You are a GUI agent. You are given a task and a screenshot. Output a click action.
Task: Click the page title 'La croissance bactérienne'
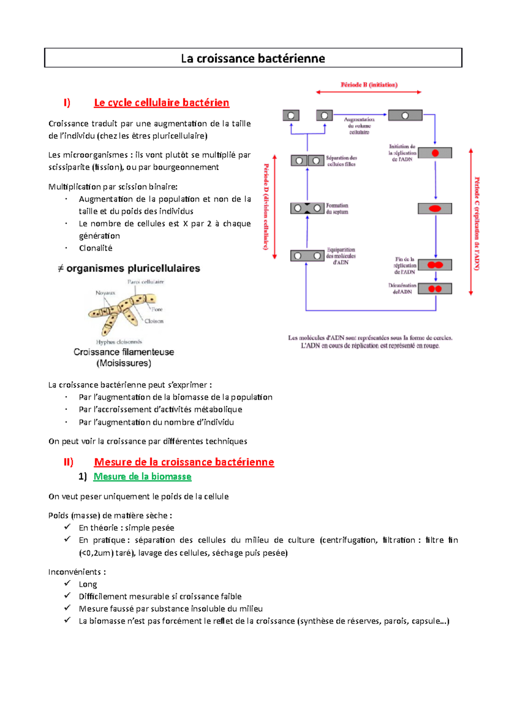coord(253,58)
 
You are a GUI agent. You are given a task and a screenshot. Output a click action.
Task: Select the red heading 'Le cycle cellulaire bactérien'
coord(161,103)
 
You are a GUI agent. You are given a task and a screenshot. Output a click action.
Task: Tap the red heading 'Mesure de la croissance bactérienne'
coord(184,462)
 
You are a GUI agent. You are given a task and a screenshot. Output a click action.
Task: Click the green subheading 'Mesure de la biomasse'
coord(142,476)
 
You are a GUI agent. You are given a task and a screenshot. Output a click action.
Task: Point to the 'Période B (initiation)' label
coord(369,85)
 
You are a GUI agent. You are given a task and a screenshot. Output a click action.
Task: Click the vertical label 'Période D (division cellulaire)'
coord(266,206)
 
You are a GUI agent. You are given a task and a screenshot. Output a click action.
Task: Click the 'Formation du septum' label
coord(337,209)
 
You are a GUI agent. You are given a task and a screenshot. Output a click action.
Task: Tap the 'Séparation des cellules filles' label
coord(341,161)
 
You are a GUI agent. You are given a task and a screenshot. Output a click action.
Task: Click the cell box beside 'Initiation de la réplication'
coord(435,153)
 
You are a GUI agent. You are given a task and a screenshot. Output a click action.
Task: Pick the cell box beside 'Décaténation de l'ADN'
coord(435,289)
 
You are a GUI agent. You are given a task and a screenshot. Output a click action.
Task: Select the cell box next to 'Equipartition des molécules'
coord(307,256)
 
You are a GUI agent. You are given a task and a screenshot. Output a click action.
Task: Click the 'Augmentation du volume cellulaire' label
coord(359,126)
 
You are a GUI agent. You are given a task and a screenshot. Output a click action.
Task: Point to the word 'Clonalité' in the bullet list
coord(96,248)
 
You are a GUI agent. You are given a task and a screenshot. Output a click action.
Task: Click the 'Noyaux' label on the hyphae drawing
coord(105,293)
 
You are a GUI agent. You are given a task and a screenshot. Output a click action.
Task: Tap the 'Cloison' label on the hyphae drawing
coord(154,321)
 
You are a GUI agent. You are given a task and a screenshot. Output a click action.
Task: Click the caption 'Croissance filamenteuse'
coord(124,352)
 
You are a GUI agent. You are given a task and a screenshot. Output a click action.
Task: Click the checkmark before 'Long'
coord(67,583)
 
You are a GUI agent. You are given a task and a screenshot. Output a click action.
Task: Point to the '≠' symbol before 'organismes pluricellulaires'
coord(61,269)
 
